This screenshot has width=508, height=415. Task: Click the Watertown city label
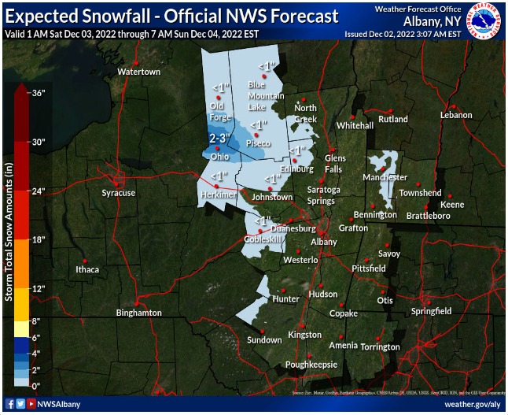[138, 72]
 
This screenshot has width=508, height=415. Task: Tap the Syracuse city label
[118, 193]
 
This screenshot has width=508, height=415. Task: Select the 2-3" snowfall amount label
[219, 139]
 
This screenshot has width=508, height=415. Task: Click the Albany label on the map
[324, 242]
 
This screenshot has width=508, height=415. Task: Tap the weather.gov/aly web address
[472, 404]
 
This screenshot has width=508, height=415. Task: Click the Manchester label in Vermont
[385, 178]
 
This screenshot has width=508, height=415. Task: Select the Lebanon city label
[455, 115]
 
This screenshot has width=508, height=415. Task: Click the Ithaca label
[87, 269]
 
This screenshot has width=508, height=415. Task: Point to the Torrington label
[381, 347]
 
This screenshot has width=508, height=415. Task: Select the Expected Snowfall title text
[171, 16]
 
